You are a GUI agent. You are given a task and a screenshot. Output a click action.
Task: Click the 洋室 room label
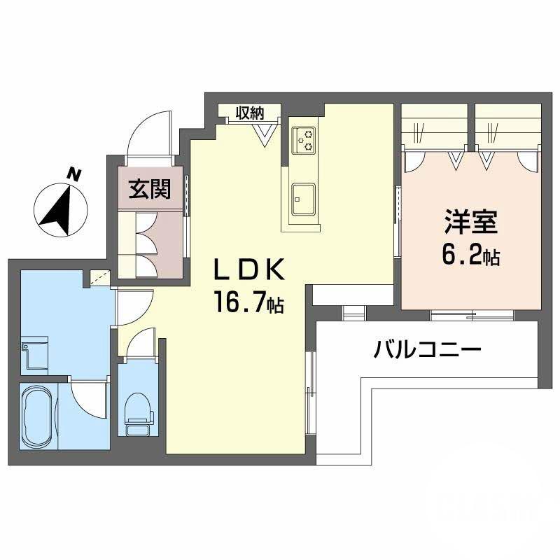tap(470, 222)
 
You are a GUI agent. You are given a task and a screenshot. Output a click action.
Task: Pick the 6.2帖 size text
tap(470, 255)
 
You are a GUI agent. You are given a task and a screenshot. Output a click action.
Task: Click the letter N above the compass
tap(73, 174)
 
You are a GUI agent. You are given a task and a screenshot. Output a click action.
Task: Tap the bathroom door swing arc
tap(88, 396)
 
